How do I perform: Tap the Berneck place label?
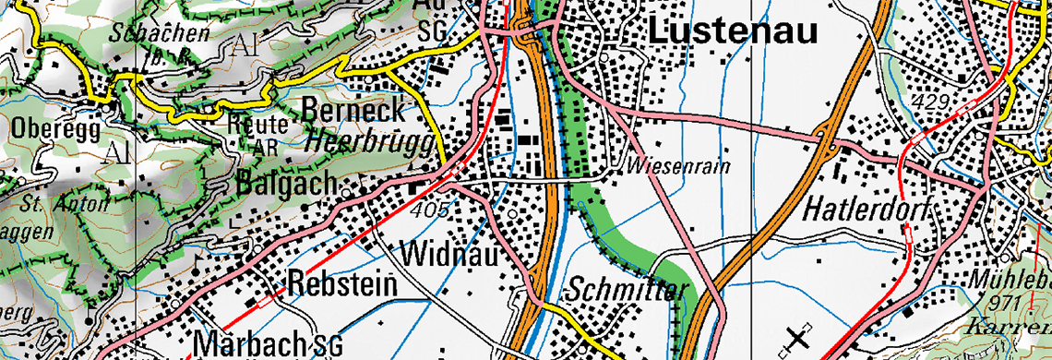tap(353, 111)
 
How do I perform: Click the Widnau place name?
tap(448, 252)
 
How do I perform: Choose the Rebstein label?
tap(342, 285)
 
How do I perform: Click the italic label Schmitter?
tap(628, 290)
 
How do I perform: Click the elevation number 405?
tap(429, 210)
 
